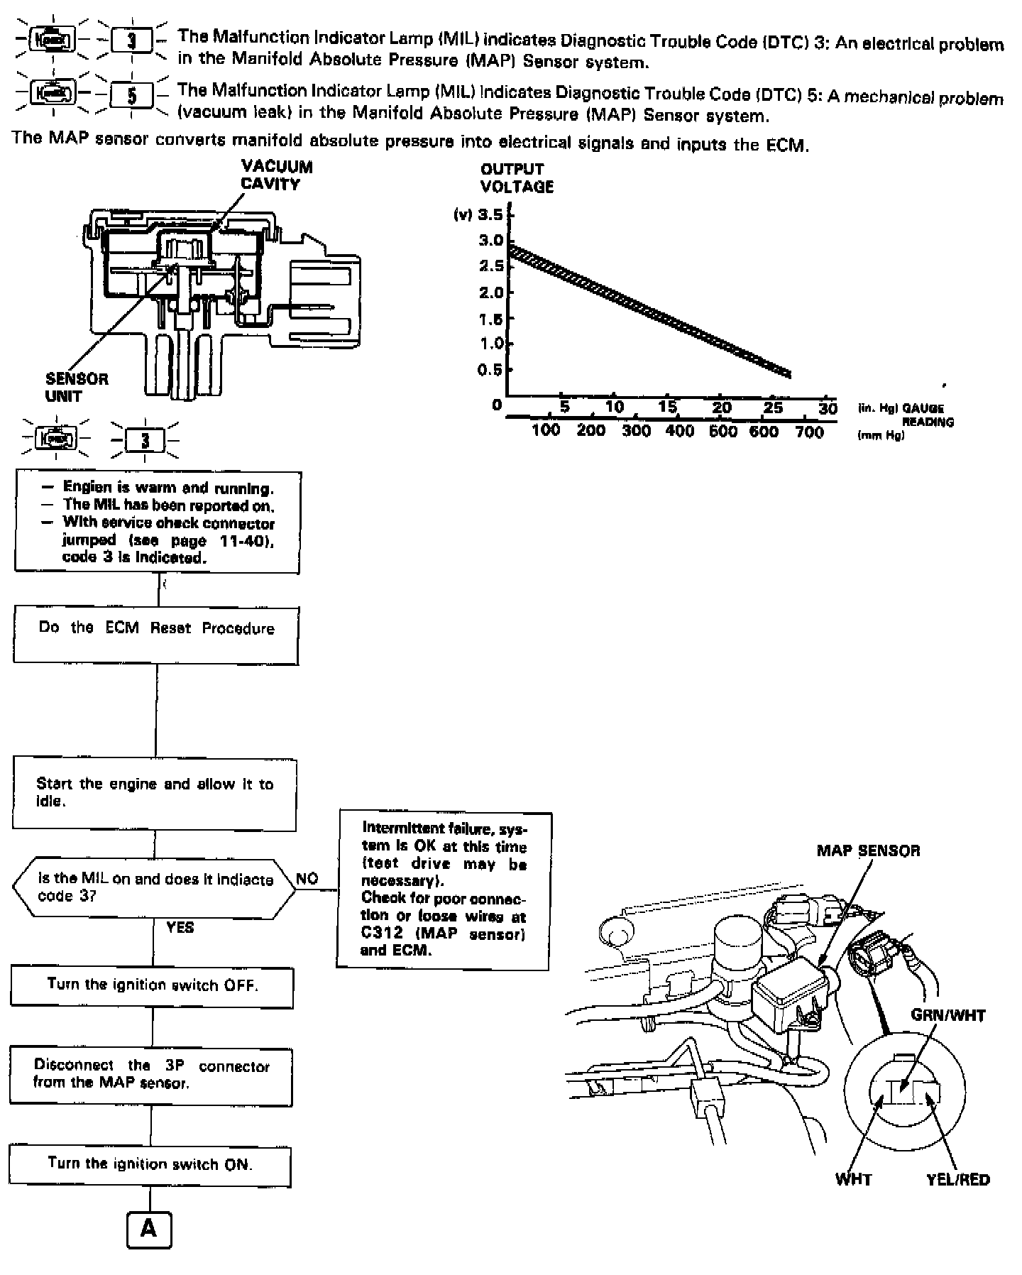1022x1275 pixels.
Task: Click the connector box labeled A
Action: pyautogui.click(x=149, y=1229)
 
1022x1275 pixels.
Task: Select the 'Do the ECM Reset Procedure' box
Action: pyautogui.click(x=156, y=635)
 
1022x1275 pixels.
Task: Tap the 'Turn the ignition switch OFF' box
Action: pyautogui.click(x=152, y=986)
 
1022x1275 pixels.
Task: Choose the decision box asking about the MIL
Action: pyautogui.click(x=154, y=887)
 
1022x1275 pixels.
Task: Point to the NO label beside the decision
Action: pyautogui.click(x=307, y=879)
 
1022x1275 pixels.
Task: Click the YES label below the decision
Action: pyautogui.click(x=180, y=927)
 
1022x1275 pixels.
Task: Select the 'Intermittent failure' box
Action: pyautogui.click(x=444, y=890)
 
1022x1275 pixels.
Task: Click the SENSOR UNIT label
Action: pyautogui.click(x=77, y=388)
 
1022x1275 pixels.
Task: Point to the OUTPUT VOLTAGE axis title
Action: pyautogui.click(x=517, y=177)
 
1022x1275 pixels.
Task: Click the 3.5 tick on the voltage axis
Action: pyautogui.click(x=490, y=214)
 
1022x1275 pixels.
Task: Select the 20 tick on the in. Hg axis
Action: pyautogui.click(x=722, y=407)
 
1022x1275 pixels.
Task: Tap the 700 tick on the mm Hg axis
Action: pyautogui.click(x=809, y=432)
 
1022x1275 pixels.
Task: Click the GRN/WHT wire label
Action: pyautogui.click(x=948, y=1016)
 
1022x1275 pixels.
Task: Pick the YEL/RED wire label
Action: pyautogui.click(x=958, y=1180)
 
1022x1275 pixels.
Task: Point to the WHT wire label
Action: pyautogui.click(x=854, y=1180)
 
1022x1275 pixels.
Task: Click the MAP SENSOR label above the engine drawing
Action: pyautogui.click(x=868, y=850)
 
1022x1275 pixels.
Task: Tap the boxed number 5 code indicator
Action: pyautogui.click(x=131, y=95)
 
